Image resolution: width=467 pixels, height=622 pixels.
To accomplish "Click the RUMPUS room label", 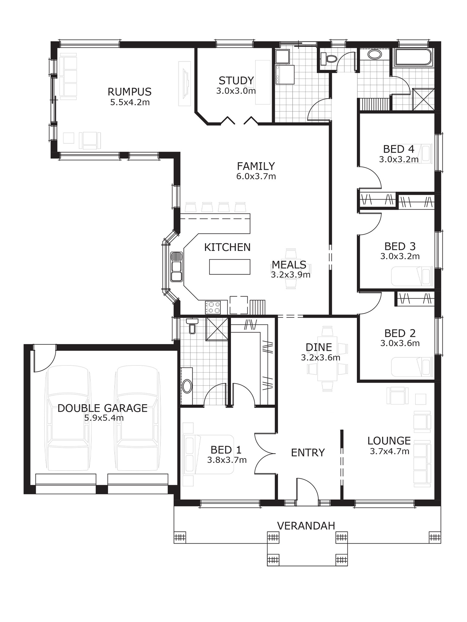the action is click(x=130, y=92).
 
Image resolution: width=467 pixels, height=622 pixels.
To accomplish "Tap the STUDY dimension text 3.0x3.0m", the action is click(x=236, y=91).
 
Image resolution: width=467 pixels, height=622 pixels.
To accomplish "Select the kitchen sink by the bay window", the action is click(x=177, y=267).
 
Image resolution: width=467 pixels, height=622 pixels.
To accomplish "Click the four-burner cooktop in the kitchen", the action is click(x=213, y=307).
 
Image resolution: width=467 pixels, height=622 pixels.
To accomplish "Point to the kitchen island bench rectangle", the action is click(x=230, y=267).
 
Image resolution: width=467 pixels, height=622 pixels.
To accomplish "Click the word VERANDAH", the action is click(x=306, y=526).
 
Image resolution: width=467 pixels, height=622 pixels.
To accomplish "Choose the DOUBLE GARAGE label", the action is click(x=102, y=408).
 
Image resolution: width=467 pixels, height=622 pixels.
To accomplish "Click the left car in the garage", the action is click(x=68, y=418).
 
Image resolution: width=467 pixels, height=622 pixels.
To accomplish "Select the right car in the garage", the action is click(x=137, y=418).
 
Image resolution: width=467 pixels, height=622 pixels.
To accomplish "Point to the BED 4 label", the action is click(x=399, y=149).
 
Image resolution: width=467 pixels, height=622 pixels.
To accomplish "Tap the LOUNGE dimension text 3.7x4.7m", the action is click(x=389, y=451).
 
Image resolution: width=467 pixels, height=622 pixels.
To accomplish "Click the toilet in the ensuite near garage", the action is click(x=192, y=327).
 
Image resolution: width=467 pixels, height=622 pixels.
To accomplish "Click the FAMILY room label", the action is click(x=256, y=166).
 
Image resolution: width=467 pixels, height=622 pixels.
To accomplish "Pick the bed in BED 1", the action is click(x=208, y=454).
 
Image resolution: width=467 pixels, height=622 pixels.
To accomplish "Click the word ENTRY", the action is click(x=308, y=453).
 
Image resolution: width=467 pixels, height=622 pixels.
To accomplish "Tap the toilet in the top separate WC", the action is click(x=330, y=58).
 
